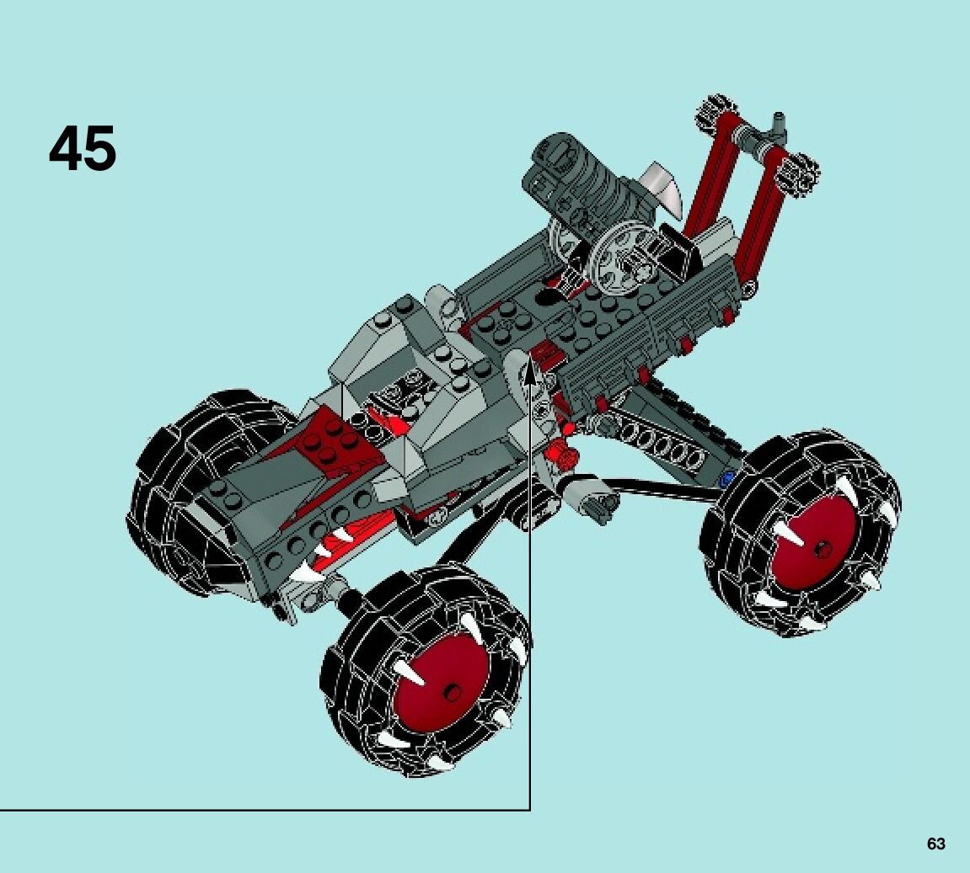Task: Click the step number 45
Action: pyautogui.click(x=83, y=148)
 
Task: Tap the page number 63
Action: pyautogui.click(x=936, y=844)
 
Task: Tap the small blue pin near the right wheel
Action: pyautogui.click(x=727, y=477)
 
